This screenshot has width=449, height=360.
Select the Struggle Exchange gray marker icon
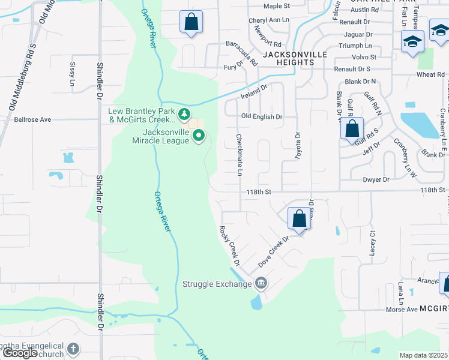click(261, 283)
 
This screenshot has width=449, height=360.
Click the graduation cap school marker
click(412, 41)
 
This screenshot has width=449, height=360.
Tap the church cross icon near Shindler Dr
click(73, 349)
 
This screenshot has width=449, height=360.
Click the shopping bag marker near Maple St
click(190, 22)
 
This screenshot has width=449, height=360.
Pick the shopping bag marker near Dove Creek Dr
click(299, 218)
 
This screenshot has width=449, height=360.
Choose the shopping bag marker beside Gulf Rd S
click(352, 128)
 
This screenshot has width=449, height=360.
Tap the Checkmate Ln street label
click(240, 155)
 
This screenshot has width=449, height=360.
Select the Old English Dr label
click(261, 116)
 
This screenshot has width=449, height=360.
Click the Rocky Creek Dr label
click(229, 246)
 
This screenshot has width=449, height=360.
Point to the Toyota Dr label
click(296, 146)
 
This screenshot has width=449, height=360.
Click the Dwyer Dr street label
click(376, 179)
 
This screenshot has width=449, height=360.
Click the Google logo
click(20, 353)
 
